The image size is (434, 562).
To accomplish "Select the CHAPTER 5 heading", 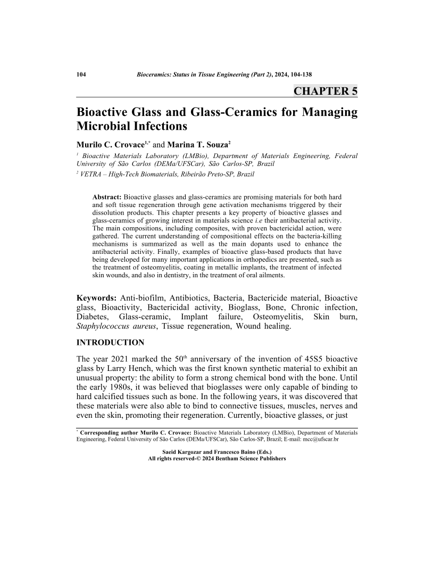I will (325, 91).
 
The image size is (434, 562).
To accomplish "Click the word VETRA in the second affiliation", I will (93, 174).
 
